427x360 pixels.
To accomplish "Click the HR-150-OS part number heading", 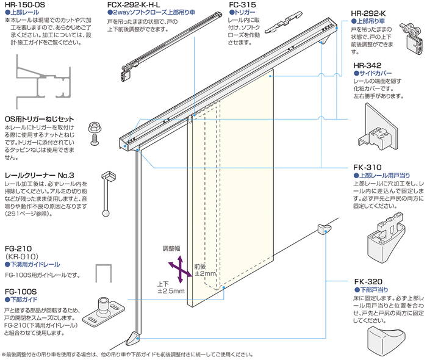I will [x=24, y=5].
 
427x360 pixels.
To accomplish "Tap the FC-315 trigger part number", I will [x=242, y=5].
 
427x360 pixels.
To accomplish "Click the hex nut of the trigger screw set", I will [x=95, y=128].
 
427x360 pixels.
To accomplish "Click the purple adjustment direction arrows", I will [x=177, y=268].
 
